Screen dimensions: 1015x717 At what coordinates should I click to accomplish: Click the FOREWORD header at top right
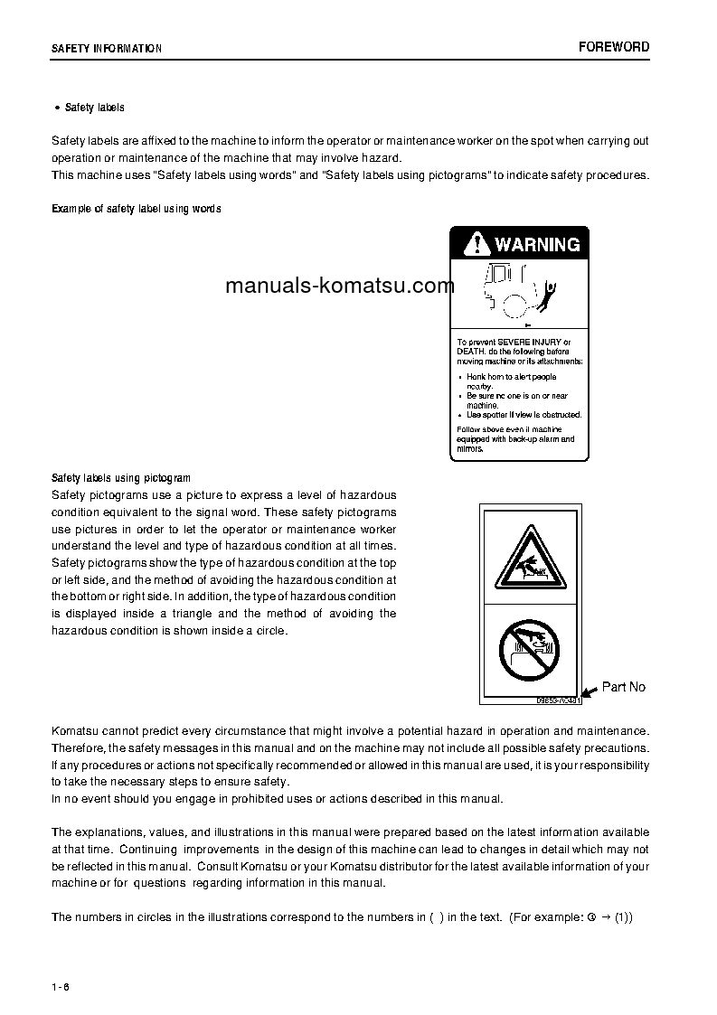614,47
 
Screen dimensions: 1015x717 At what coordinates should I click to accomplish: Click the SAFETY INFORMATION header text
107,49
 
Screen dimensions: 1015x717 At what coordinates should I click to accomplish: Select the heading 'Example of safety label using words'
136,209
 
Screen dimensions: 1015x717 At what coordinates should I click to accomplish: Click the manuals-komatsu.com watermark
340,287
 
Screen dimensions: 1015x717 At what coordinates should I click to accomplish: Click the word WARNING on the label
537,244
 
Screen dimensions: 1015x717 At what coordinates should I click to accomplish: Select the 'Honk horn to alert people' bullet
511,377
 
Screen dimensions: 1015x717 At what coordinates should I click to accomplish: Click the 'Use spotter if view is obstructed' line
523,415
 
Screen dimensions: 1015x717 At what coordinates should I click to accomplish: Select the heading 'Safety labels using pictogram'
121,478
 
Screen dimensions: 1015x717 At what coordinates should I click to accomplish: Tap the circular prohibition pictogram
529,649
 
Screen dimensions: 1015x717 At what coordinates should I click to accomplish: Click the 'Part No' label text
624,687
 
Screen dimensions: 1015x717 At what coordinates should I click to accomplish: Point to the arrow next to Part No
589,691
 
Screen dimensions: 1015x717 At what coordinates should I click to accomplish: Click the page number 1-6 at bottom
61,985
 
